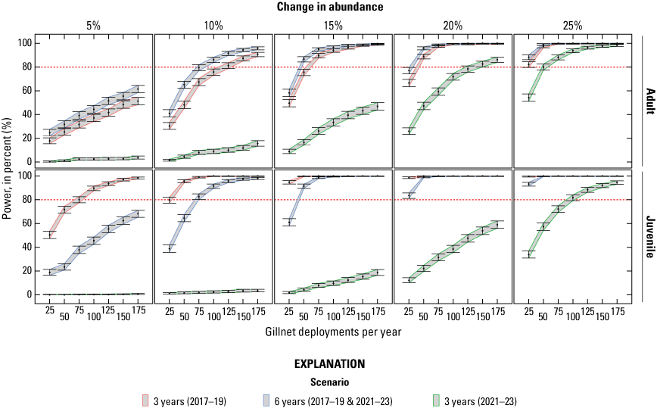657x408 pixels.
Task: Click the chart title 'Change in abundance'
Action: point(328,7)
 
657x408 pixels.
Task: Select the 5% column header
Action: point(94,25)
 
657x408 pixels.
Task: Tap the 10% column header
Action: point(213,25)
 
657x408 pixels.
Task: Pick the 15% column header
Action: point(333,25)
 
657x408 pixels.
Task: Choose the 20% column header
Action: point(453,25)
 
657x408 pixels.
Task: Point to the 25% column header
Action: point(572,25)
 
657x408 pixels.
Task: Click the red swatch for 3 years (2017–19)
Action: point(147,398)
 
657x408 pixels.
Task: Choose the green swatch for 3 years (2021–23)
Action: point(428,398)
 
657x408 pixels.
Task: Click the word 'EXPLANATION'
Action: point(328,363)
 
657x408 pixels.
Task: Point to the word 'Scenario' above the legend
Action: point(328,381)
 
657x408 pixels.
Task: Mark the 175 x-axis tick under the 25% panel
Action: point(620,311)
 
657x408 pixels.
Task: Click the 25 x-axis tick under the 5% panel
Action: point(50,311)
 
